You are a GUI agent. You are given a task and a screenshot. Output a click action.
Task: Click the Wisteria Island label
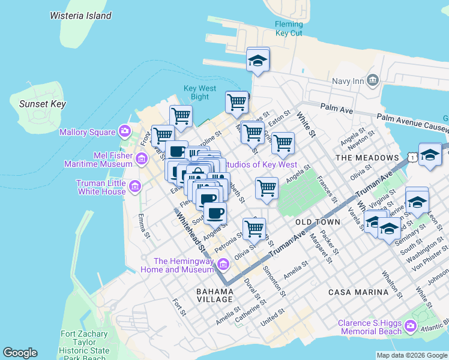[x=80, y=16]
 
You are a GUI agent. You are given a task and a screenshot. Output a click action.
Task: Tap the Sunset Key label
[x=42, y=104]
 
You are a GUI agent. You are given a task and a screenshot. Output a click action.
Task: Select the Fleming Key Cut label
[x=288, y=28]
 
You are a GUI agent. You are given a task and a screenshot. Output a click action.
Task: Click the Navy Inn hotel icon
[x=373, y=80]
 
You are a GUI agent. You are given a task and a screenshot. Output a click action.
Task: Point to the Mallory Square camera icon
[x=124, y=131]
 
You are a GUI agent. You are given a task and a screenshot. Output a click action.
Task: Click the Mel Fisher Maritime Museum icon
[x=142, y=159]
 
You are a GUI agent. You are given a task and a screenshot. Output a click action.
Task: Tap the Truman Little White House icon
[x=134, y=186]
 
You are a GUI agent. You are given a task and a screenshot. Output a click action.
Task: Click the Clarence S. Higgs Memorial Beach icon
[x=411, y=326]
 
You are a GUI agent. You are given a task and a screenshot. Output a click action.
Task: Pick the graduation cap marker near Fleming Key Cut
[x=258, y=61]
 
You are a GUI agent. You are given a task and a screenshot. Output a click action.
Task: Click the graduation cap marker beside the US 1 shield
[x=430, y=156]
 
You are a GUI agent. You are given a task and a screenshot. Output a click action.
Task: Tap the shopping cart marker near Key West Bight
[x=237, y=102]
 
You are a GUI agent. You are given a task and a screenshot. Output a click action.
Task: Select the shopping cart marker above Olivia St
[x=254, y=229]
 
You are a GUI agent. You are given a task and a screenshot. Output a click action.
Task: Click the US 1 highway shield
[x=412, y=157]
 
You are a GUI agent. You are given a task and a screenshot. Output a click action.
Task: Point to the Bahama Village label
[x=214, y=295]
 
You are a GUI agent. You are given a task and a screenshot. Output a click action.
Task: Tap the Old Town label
[x=318, y=222]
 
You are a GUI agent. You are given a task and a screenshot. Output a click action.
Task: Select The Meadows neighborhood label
[x=367, y=158]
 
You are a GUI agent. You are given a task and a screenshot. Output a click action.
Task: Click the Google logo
[x=20, y=353]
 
